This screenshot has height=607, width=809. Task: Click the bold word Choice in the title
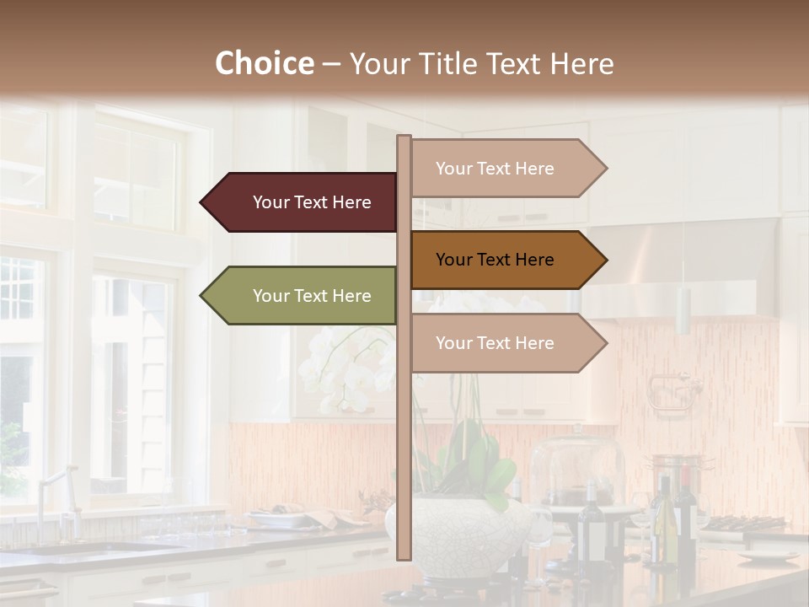click(264, 63)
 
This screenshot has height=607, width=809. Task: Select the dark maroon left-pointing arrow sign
click(303, 202)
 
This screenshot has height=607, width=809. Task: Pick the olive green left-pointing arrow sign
click(303, 296)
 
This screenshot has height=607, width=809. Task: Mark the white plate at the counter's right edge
click(767, 556)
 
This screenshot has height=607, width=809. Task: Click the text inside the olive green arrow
click(312, 296)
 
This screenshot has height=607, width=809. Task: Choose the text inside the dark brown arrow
click(495, 260)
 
